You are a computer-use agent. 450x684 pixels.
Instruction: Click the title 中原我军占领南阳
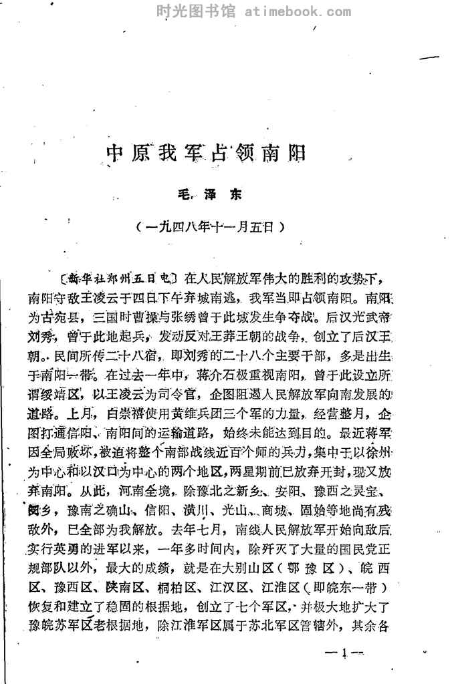pos(206,153)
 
